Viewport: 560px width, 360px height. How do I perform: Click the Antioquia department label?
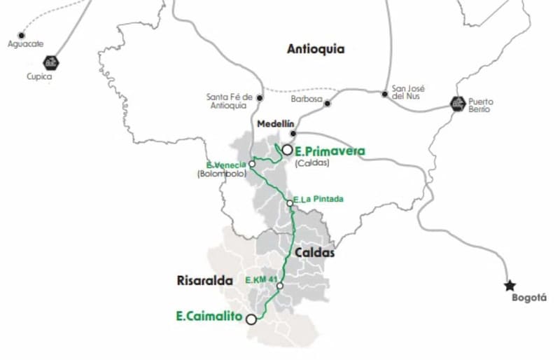tap(316, 49)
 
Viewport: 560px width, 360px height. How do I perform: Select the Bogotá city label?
tap(528, 298)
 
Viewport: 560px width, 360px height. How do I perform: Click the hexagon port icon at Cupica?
tap(50, 62)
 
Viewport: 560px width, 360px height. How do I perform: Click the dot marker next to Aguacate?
tap(22, 34)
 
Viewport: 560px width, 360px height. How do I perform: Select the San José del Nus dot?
tap(384, 93)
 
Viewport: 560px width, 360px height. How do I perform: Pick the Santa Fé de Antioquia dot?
tap(260, 97)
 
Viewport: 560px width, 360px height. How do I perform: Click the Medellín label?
tap(274, 124)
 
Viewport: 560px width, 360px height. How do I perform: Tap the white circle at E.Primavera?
tap(287, 149)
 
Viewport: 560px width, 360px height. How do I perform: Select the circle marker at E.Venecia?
tap(252, 165)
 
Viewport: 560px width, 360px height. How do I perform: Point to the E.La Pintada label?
tap(319, 199)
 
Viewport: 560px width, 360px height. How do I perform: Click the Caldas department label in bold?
tap(314, 253)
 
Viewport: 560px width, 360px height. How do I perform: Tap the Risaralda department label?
tap(202, 281)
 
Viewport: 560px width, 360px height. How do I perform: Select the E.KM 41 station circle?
tap(279, 286)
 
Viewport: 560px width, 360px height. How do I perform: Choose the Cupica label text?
tap(39, 77)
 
